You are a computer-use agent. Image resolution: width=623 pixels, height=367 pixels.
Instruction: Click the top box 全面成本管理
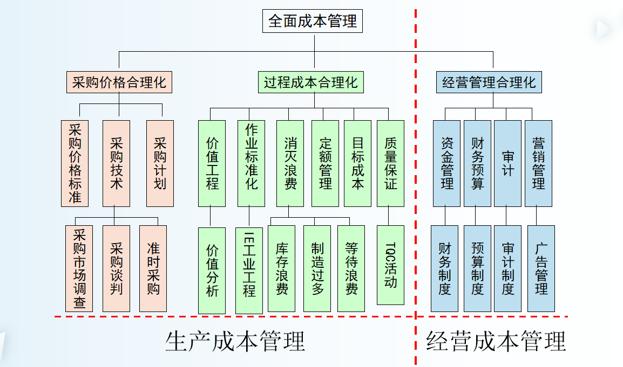click(x=313, y=22)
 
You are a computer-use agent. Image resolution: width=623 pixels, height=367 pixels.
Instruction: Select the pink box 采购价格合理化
click(x=119, y=82)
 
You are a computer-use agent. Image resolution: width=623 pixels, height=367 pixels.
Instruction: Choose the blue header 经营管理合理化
click(x=489, y=82)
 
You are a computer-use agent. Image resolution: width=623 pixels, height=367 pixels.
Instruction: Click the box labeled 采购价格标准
click(x=75, y=163)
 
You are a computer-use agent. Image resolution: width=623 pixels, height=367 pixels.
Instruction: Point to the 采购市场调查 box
click(x=79, y=268)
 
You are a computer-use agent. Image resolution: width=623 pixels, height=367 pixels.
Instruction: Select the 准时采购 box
click(x=153, y=268)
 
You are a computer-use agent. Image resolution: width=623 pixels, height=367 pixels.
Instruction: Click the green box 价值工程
click(x=212, y=163)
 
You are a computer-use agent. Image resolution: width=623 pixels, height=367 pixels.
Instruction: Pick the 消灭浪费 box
click(x=290, y=163)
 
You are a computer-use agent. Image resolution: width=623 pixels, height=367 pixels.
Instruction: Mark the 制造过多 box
click(x=317, y=268)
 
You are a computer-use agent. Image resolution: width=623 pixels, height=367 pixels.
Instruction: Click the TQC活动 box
click(x=390, y=265)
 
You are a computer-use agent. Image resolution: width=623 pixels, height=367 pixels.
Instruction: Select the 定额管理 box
click(x=325, y=163)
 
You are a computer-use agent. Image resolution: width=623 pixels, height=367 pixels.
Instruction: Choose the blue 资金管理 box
click(x=446, y=163)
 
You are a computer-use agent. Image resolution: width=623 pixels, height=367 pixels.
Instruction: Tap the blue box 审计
click(x=507, y=163)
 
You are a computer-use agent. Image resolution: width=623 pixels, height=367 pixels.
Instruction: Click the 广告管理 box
click(x=541, y=268)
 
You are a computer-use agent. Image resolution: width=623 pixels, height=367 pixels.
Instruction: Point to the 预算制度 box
click(x=477, y=268)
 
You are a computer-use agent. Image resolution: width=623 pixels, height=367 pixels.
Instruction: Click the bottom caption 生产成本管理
click(x=235, y=341)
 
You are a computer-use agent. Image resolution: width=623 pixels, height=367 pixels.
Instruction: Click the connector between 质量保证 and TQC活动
click(x=388, y=216)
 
